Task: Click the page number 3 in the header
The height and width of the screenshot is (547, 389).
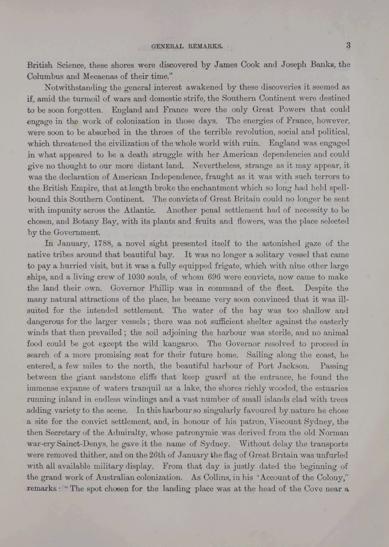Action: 347,46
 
